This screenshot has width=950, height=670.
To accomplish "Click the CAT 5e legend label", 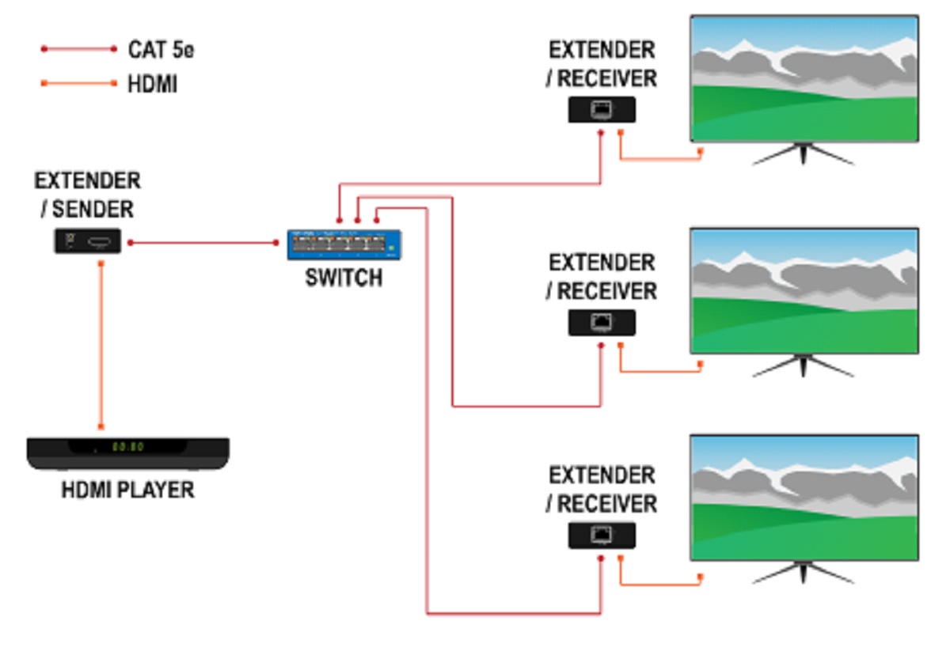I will [x=161, y=50].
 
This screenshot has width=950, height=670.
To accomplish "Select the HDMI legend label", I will [x=153, y=84].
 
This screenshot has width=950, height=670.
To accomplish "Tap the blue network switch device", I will [x=344, y=245].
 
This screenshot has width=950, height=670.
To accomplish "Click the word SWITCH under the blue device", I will [x=344, y=278].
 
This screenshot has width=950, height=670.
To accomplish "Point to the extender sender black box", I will [x=87, y=241].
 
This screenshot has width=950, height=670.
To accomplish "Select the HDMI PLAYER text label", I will [x=127, y=490].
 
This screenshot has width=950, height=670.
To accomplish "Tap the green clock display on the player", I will [x=126, y=446].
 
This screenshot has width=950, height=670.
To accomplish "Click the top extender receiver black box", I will [x=602, y=110].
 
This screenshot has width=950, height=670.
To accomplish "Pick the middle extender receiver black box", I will [x=602, y=323].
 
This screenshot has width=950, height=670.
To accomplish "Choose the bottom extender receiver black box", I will [x=602, y=536].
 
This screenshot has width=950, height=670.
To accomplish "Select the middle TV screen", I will [x=804, y=290].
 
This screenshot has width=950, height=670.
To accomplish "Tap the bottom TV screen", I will [x=804, y=497].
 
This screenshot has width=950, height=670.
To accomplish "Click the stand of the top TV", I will [x=803, y=153].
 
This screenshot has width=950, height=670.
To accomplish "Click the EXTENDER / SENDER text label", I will [x=87, y=195].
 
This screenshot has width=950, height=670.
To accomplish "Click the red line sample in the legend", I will [x=79, y=49].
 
